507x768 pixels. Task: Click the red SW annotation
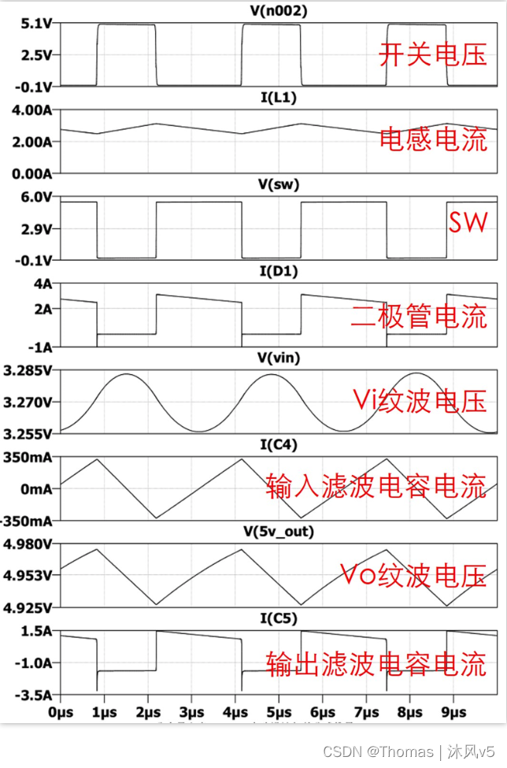click(x=468, y=223)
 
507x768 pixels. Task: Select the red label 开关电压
click(x=433, y=55)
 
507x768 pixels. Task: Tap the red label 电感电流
click(x=433, y=139)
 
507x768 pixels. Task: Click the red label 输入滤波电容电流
click(x=376, y=485)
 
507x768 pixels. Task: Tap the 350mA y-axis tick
click(x=30, y=458)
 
